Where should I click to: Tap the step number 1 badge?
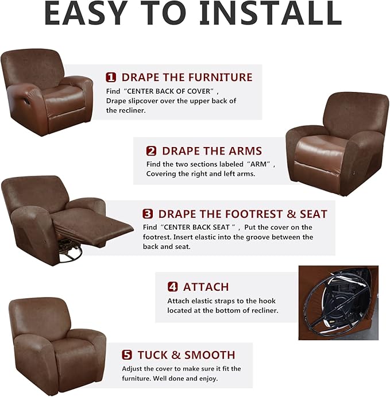111,77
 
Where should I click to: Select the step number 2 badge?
151,151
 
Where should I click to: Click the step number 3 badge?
148,214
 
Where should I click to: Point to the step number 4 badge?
172,287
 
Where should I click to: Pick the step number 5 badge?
127,355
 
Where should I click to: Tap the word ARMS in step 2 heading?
241,151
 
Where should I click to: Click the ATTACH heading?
206,287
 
